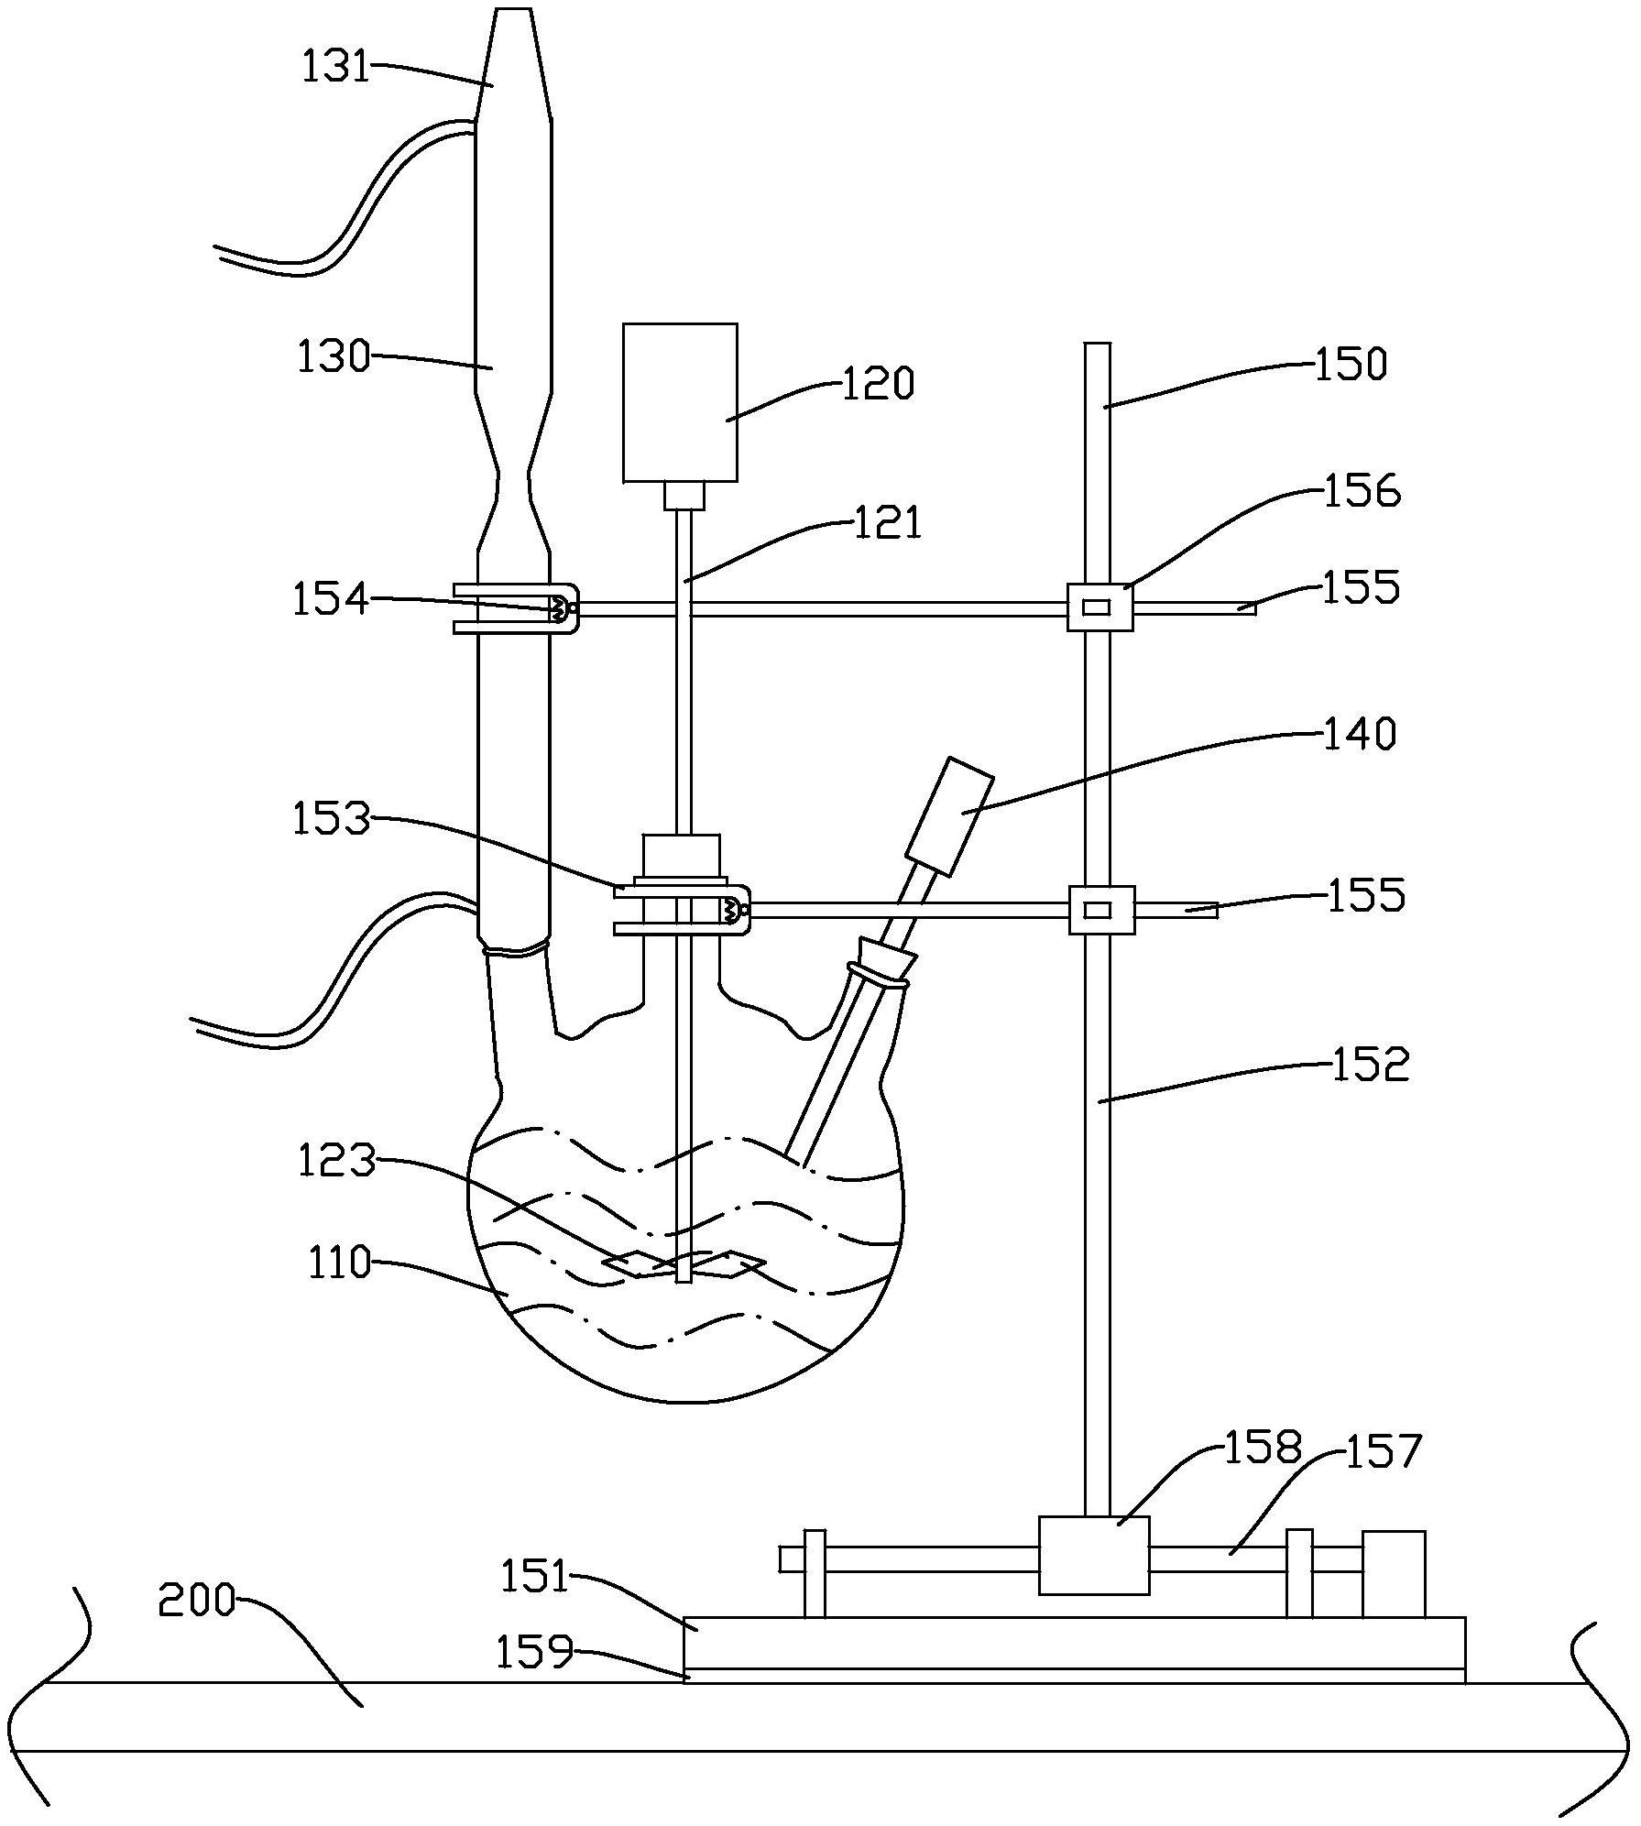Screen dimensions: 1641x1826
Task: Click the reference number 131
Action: (335, 67)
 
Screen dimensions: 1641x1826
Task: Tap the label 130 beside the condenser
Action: (333, 356)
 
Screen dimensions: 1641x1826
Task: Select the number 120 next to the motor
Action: (878, 382)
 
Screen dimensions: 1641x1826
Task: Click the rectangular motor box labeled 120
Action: (680, 402)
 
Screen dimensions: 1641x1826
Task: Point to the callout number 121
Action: (887, 523)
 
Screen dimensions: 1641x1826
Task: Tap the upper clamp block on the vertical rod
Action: (1100, 607)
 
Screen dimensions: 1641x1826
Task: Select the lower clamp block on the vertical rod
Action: (1101, 910)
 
